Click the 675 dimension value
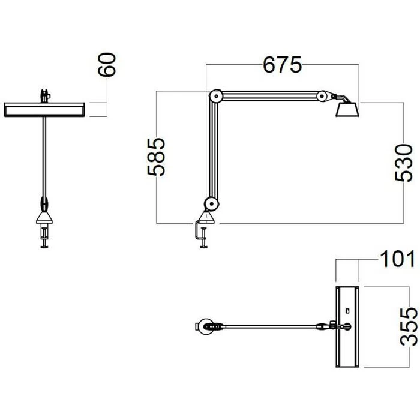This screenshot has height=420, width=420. (282, 65)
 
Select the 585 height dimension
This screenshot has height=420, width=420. (156, 157)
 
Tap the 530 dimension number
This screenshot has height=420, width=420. (404, 163)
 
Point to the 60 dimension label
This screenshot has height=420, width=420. (107, 65)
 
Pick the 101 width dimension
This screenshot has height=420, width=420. (397, 259)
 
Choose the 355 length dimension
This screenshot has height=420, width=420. (409, 326)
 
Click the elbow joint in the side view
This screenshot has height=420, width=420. (215, 95)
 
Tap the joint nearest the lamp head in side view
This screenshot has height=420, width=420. (322, 95)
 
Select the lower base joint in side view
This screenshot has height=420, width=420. (211, 204)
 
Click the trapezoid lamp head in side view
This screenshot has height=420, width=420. (347, 110)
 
